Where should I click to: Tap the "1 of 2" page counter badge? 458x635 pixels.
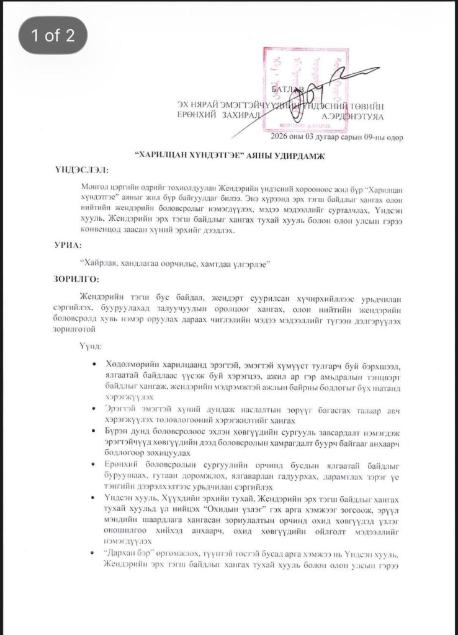click(x=53, y=35)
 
